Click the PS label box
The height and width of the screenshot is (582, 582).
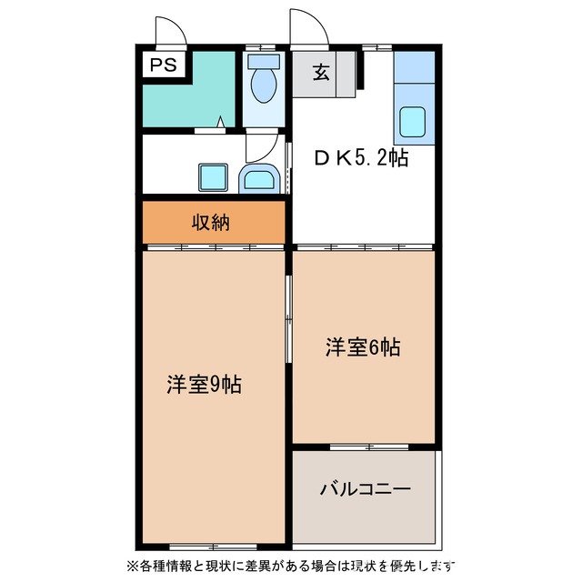pos(163,65)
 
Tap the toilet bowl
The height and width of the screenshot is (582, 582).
pos(264,86)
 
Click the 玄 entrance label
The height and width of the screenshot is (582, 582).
pos(322,73)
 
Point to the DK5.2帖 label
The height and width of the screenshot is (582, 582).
pos(361,157)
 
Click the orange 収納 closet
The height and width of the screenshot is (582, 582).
pos(214,222)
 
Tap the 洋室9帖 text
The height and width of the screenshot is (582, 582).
pos(203,384)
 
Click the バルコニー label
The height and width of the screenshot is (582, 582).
pos(365,489)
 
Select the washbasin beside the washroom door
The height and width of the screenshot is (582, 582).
pos(260,178)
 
